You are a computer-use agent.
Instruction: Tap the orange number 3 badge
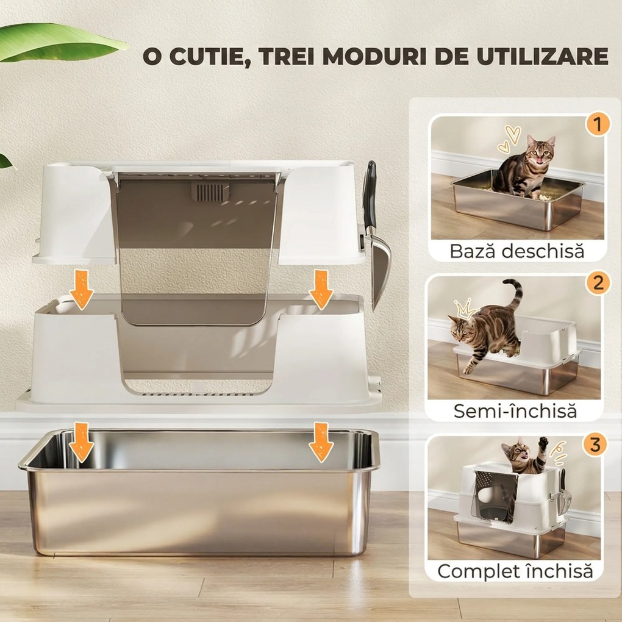point(595,445)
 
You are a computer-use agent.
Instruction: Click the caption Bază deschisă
point(517,251)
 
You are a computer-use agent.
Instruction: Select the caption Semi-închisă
point(515,411)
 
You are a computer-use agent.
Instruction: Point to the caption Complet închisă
point(515,571)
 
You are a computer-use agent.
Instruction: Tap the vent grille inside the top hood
point(210,191)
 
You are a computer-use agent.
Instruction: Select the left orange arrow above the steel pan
point(81,442)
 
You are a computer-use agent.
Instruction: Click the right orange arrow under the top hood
point(321,290)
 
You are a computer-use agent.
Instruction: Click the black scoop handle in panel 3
point(562,479)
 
